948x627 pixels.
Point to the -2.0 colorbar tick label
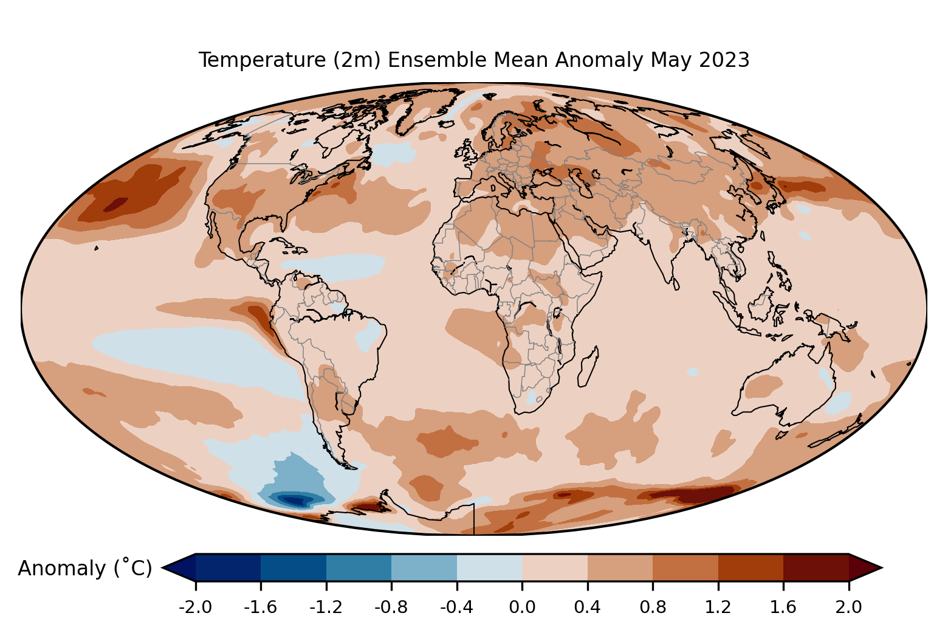pos(195,607)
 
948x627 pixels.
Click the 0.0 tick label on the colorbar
pos(522,607)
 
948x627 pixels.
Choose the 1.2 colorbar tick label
pos(718,607)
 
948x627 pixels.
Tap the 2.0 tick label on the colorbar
pos(848,607)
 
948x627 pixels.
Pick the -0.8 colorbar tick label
pos(391,607)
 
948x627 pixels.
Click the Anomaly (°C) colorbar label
pos(84,569)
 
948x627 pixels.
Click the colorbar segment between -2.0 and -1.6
pos(228,567)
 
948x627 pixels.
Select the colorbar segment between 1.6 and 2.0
pos(816,567)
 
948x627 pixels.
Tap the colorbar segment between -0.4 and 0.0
pos(489,567)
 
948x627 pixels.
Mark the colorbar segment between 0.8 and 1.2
pos(685,567)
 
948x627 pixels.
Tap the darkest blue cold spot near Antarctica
pos(295,501)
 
